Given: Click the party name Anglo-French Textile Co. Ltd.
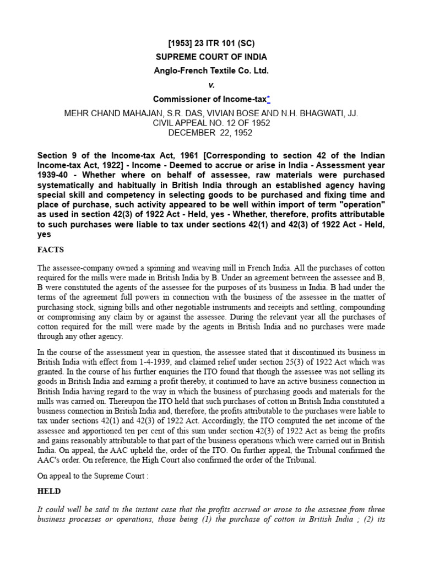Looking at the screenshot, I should coord(211,71).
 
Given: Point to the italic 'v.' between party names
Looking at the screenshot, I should coord(211,85).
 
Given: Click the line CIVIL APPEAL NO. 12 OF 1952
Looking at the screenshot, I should coord(211,122).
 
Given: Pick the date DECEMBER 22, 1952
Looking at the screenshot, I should coord(211,133).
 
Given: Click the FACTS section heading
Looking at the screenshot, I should coord(51,249).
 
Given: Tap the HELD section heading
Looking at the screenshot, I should coord(49,491).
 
